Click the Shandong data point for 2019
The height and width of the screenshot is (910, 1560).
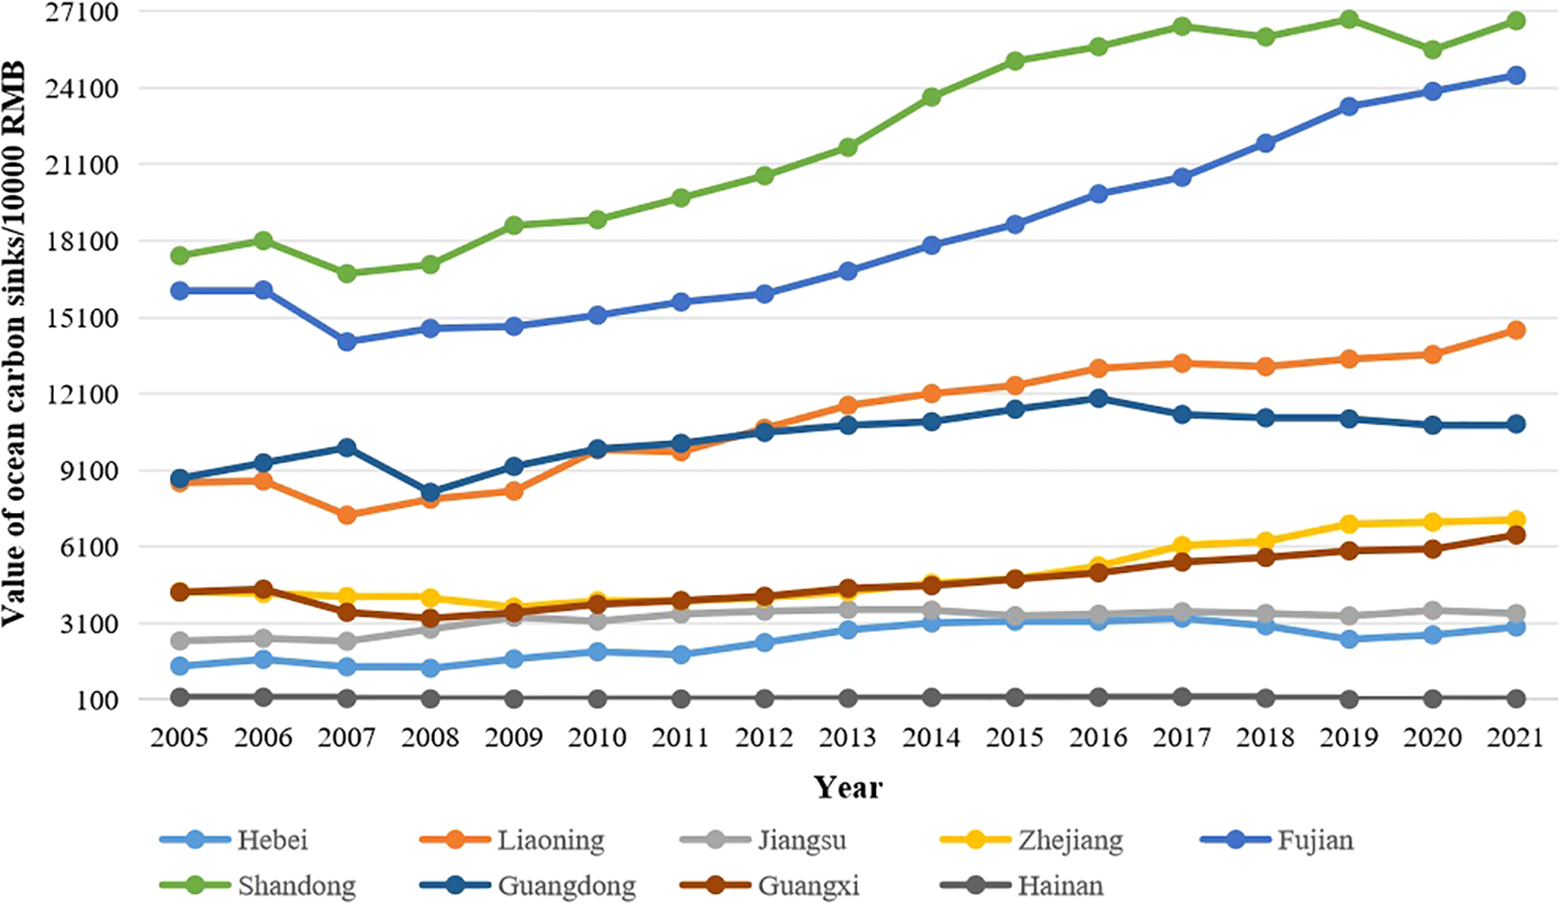1349,19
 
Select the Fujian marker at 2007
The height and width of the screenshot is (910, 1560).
347,341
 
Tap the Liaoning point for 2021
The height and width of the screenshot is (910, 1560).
1515,330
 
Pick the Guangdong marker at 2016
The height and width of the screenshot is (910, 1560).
1098,399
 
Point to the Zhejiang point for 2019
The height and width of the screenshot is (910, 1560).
1349,524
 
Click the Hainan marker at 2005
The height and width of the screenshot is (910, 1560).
180,697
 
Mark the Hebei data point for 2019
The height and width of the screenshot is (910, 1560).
1349,639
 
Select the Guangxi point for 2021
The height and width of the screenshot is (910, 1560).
1515,535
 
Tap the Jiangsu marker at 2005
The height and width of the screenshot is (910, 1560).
180,641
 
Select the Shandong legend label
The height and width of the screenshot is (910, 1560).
296,885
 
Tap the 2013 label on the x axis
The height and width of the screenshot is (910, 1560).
847,737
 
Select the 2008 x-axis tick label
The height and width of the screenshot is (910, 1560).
430,737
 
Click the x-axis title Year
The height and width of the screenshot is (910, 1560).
847,787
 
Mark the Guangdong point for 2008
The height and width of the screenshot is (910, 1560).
430,493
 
